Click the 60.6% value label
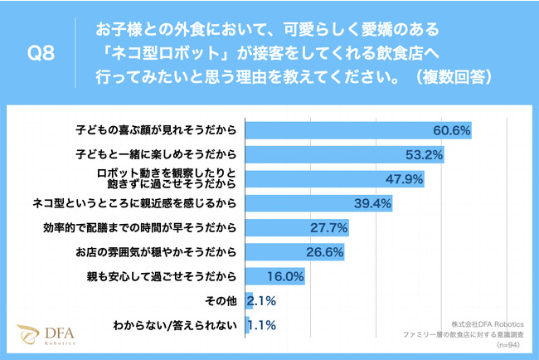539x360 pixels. click(x=452, y=130)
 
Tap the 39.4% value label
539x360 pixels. click(x=373, y=203)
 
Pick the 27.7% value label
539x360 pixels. click(x=329, y=228)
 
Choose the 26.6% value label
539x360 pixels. click(x=325, y=252)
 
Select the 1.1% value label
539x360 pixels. click(x=263, y=326)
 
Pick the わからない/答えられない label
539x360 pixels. click(x=176, y=326)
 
